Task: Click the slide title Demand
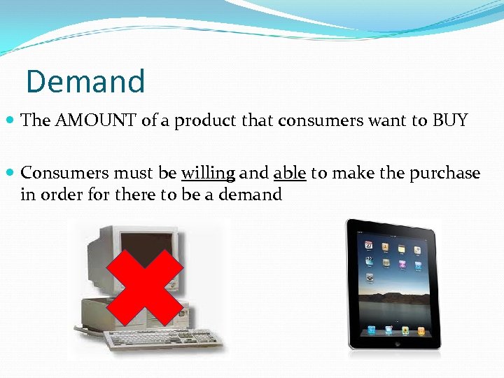point(85,81)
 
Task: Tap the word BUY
point(450,120)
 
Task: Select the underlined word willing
point(208,173)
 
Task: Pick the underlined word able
point(290,173)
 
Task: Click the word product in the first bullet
point(206,120)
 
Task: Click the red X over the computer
point(146,287)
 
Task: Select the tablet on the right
point(393,283)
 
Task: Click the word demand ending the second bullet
point(250,195)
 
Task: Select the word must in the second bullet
point(133,173)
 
